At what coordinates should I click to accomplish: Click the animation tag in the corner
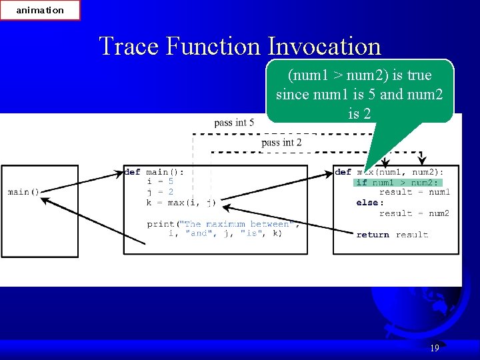[40, 10]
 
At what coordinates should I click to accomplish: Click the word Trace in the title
[129, 46]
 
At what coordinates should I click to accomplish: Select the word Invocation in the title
[324, 46]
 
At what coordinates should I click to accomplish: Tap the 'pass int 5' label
[234, 123]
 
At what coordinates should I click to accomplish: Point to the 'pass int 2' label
[281, 142]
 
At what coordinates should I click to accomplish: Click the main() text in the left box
[23, 192]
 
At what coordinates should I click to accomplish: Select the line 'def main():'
[154, 171]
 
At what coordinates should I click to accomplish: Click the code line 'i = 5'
[161, 181]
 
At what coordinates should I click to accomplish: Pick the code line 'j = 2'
[161, 192]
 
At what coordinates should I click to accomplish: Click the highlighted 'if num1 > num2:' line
[397, 183]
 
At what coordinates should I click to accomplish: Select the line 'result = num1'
[414, 192]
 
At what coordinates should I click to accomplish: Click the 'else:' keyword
[370, 203]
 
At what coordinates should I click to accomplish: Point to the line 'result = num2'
[414, 213]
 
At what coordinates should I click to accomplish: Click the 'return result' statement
[392, 235]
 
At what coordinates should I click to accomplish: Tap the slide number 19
[435, 348]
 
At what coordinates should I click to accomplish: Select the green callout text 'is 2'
[359, 113]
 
